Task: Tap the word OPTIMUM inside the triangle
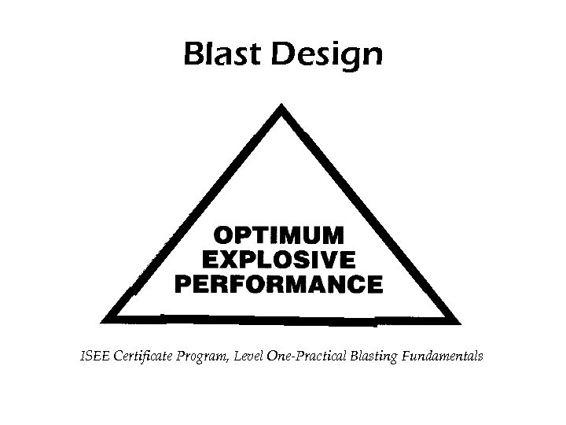[280, 235]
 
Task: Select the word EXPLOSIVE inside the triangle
[279, 259]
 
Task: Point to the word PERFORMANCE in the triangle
[279, 283]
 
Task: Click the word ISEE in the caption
[96, 357]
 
